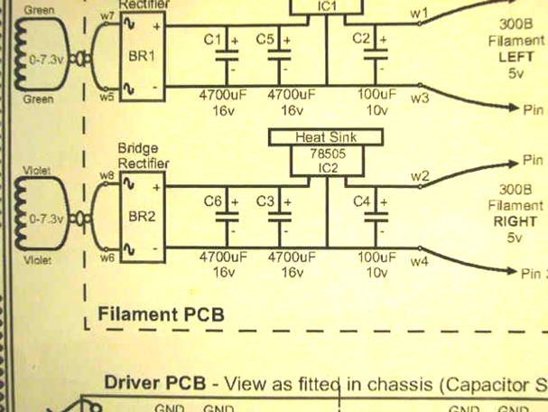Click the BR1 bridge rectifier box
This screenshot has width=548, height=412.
point(141,55)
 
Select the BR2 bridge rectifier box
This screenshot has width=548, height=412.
point(141,216)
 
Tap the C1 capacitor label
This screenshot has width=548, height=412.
point(212,40)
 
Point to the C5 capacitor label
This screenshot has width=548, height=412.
point(265,40)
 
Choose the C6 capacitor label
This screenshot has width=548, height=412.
point(212,201)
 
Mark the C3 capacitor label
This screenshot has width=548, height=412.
point(265,201)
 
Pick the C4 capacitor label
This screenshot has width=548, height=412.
point(361,201)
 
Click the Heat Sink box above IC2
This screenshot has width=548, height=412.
point(326,137)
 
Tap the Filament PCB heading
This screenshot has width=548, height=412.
point(160,314)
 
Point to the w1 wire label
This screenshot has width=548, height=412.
point(419,13)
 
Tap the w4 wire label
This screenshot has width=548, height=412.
point(419,261)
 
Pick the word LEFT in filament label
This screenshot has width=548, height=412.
point(515,57)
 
